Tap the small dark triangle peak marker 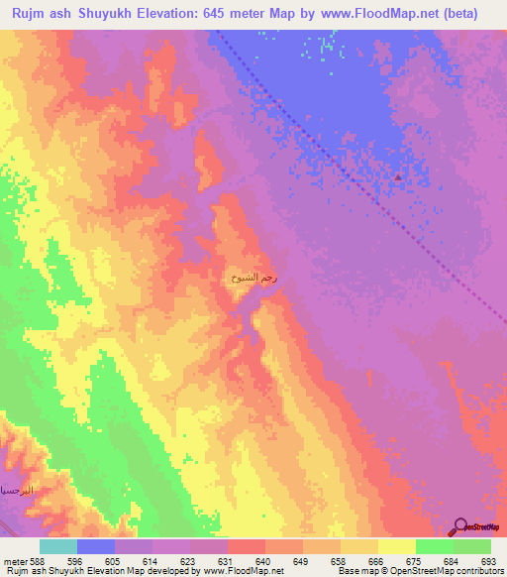(398, 177)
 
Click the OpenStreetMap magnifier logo (459, 525)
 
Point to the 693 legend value (490, 561)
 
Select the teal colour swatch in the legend (57, 546)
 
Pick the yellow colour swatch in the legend (396, 546)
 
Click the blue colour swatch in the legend (95, 546)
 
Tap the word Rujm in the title (29, 14)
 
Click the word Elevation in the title (160, 14)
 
